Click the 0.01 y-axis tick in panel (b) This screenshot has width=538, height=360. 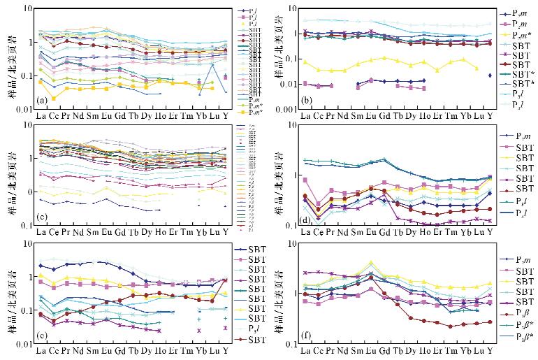[x=290, y=85]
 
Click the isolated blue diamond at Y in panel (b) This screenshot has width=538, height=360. [x=490, y=75]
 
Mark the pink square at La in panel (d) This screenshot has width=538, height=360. [x=305, y=180]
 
